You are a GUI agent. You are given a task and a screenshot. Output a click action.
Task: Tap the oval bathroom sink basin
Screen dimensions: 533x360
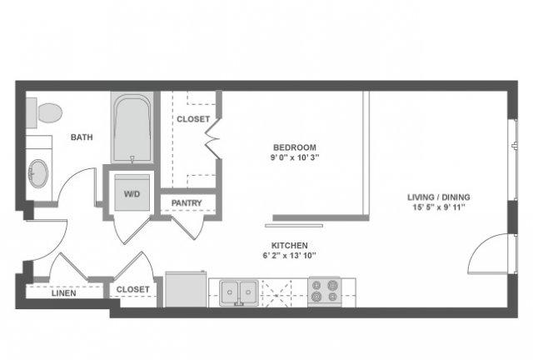(38, 173)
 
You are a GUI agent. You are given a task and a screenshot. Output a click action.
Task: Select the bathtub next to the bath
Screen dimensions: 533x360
(132, 127)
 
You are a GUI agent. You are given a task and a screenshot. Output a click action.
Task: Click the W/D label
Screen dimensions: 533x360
(132, 194)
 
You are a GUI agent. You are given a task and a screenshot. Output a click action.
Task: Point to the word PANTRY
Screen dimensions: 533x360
(187, 203)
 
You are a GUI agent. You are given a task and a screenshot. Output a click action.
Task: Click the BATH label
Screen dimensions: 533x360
(82, 137)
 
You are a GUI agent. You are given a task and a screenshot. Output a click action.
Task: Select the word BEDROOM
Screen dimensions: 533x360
(295, 147)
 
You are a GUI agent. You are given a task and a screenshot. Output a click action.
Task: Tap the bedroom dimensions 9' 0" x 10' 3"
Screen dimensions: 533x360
(295, 157)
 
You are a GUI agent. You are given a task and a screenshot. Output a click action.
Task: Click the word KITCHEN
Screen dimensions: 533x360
(290, 245)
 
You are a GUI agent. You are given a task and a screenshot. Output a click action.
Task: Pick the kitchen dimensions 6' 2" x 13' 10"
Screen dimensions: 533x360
(290, 256)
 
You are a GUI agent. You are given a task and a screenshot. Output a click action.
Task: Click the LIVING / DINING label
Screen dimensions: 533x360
(439, 197)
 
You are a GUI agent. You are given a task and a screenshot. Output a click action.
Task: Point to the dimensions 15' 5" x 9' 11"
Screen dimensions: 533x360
(439, 207)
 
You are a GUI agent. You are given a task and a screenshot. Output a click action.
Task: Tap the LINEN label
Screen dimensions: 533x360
(64, 293)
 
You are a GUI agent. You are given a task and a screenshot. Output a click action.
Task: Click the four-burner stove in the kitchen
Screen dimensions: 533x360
(325, 292)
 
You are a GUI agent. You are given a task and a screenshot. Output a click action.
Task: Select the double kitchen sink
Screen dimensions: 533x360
(239, 292)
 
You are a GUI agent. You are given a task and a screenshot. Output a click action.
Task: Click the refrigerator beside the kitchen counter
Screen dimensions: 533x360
(186, 289)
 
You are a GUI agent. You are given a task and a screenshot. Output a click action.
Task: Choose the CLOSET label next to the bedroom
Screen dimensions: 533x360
(193, 119)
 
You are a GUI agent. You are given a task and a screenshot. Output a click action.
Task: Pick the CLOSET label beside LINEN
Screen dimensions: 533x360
(133, 289)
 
